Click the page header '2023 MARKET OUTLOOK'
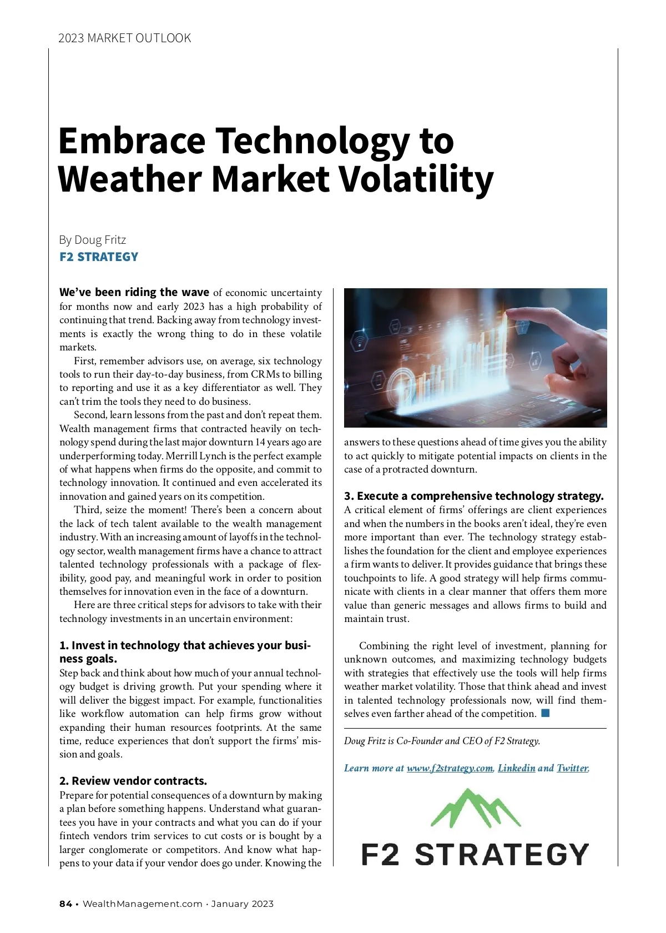click(124, 38)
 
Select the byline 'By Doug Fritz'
click(93, 240)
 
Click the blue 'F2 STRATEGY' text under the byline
click(99, 257)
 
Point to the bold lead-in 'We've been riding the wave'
click(134, 293)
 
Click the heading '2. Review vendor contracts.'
click(133, 781)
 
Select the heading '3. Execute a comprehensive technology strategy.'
click(473, 496)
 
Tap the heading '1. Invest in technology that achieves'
click(185, 645)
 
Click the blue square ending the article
click(545, 713)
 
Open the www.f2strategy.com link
click(450, 768)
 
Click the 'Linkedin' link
click(516, 768)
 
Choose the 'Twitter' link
click(572, 768)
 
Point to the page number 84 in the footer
click(65, 904)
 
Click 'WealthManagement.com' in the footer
click(143, 904)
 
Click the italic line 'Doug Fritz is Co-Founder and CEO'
click(442, 741)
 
